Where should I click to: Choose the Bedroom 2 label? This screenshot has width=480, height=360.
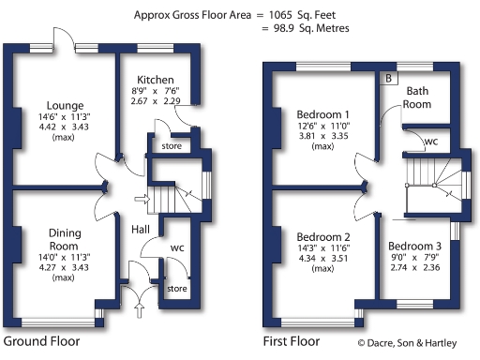(x=323, y=236)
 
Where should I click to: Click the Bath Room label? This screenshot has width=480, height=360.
(x=418, y=97)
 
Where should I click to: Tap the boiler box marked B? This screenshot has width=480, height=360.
(x=388, y=79)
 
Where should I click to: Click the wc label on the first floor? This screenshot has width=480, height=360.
(x=430, y=142)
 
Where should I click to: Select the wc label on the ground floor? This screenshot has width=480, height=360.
(x=175, y=248)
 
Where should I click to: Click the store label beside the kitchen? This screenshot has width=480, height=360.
(x=170, y=146)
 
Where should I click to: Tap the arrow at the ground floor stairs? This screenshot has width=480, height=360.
(x=140, y=198)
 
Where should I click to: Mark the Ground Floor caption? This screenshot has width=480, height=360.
(x=42, y=341)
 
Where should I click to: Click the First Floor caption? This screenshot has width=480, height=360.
(x=292, y=341)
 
